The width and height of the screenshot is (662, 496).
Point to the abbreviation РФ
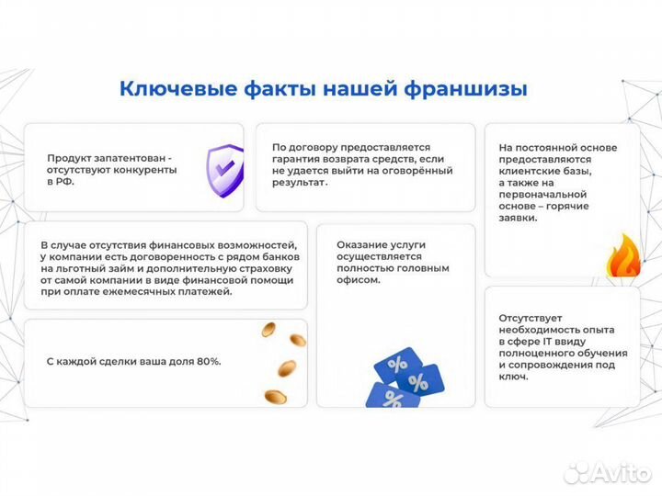(x=65, y=182)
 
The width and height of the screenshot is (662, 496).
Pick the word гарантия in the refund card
(x=298, y=159)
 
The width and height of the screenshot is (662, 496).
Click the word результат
(x=300, y=183)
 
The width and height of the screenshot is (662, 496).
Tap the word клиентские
(x=530, y=171)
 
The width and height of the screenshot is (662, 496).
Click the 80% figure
(x=207, y=362)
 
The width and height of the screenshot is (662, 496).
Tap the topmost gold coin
(x=268, y=329)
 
